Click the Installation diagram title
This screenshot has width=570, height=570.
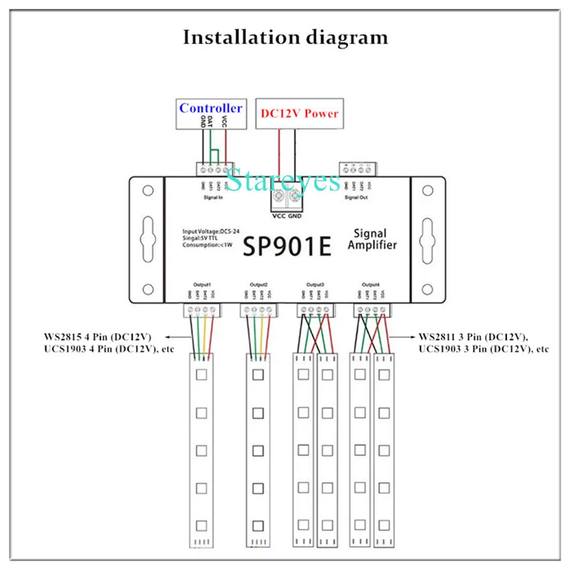point(285,37)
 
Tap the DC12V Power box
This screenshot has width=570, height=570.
point(298,113)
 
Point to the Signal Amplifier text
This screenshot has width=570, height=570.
point(372,239)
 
